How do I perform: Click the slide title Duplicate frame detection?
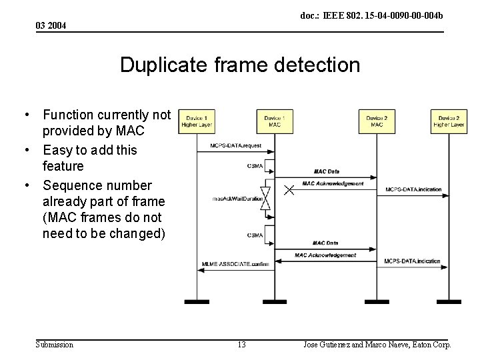[240, 65]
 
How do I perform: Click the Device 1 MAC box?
[275, 121]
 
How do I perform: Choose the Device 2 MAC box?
[377, 121]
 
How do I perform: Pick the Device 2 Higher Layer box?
[449, 121]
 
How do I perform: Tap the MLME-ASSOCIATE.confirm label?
[235, 265]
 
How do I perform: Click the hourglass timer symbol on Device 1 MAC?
[265, 199]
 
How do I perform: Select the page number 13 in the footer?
[241, 345]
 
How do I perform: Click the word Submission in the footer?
[55, 345]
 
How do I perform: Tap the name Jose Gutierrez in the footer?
[327, 345]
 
